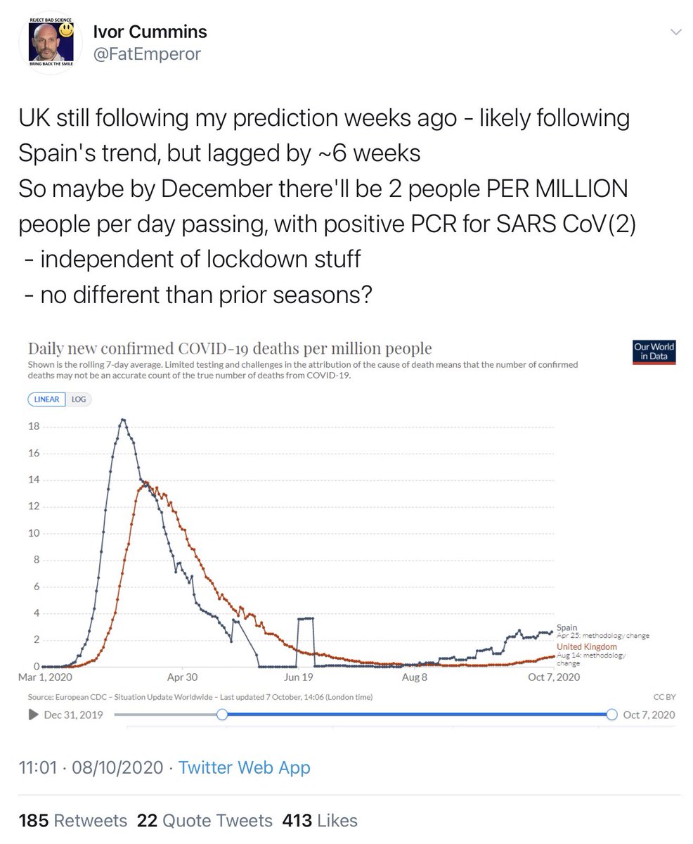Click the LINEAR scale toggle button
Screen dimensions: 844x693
47,399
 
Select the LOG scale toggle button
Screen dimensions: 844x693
79,399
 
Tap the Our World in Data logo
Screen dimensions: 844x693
654,352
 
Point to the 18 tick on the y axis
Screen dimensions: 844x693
33,427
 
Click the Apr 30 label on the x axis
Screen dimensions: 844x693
182,678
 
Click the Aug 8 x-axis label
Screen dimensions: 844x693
415,678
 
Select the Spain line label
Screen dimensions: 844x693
566,627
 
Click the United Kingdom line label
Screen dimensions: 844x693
587,646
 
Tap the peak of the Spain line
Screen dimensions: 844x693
123,420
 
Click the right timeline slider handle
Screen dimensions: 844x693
611,714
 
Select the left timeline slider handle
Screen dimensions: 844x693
221,714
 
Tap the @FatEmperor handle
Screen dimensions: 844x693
146,53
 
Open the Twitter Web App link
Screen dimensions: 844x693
244,767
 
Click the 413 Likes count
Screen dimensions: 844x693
320,820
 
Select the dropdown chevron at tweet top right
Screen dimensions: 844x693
675,32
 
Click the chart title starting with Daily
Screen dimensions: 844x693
229,348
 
